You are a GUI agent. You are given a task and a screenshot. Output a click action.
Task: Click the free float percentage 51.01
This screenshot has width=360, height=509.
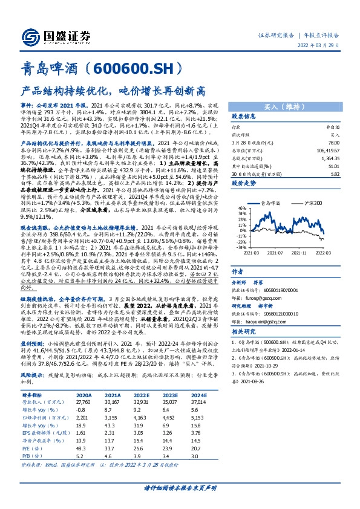(x=332, y=163)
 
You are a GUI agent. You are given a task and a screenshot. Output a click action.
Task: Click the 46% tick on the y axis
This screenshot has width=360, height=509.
(x=242, y=207)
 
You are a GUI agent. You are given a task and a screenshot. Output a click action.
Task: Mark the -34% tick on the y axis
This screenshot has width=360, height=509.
(x=241, y=247)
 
